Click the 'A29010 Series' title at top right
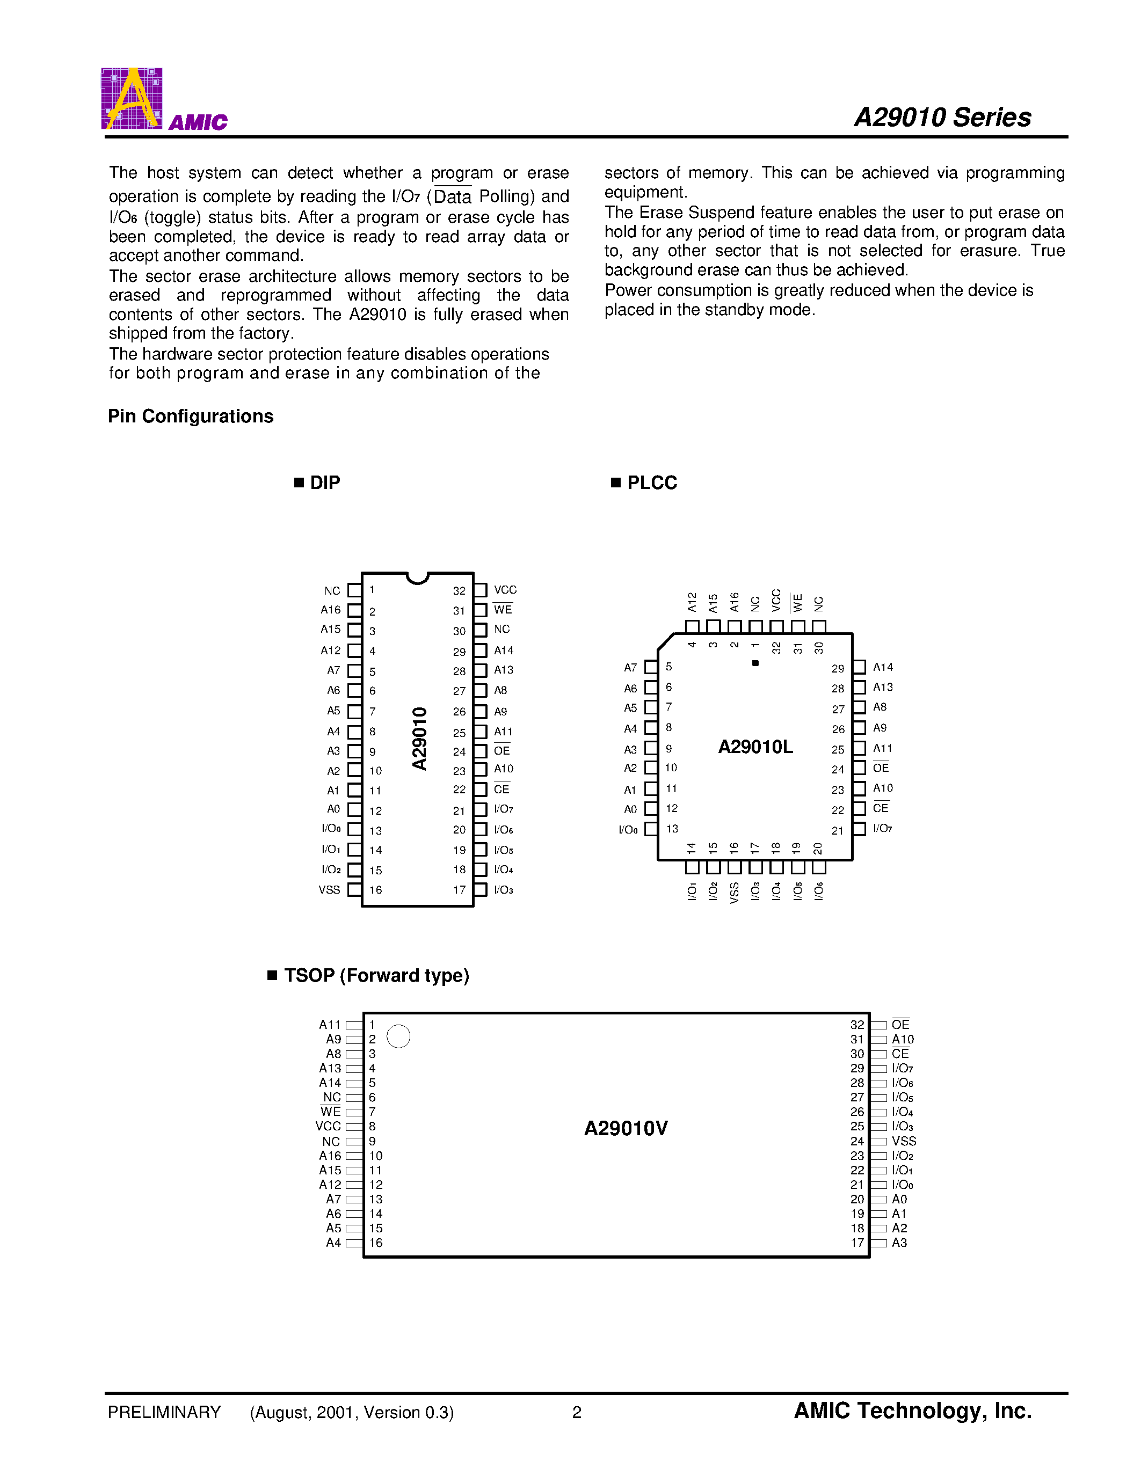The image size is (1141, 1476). coord(942,118)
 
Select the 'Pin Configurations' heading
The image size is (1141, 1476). coord(191,417)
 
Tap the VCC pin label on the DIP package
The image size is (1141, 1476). coord(505,590)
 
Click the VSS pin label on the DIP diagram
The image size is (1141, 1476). coord(329,890)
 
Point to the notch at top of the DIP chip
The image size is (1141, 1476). coord(418,578)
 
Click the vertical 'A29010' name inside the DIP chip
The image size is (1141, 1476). coord(420,739)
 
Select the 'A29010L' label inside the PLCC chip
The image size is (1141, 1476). coord(755,747)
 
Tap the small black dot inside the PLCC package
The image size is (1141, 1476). coord(755,663)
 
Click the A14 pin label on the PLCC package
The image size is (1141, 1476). coord(883,668)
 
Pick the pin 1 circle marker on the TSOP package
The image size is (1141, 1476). coord(398,1036)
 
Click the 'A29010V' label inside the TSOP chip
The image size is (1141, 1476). coord(626,1129)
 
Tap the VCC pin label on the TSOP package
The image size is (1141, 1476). coord(328,1127)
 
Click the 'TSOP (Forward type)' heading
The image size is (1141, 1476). coord(376,975)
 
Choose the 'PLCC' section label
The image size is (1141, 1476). coord(652,483)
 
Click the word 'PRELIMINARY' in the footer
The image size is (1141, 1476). coord(164,1413)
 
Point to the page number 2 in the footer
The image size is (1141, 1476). coord(577,1413)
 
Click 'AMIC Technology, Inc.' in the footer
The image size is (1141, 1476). coord(912,1411)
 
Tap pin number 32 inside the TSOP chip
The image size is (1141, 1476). coord(857,1025)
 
